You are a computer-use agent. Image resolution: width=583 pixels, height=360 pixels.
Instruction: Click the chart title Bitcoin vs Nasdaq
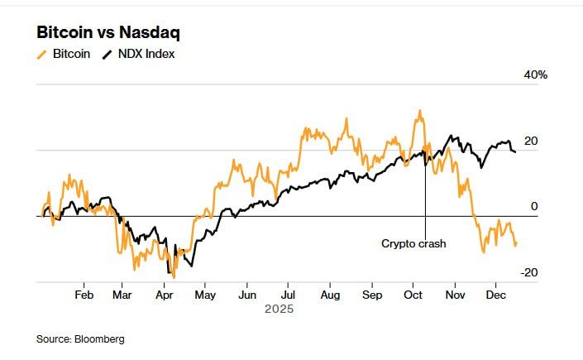point(108,33)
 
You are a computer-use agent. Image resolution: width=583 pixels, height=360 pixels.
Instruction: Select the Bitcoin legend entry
point(71,55)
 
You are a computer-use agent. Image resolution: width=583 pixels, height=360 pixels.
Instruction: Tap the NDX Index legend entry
point(146,55)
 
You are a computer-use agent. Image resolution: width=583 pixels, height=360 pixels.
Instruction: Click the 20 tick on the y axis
point(531,142)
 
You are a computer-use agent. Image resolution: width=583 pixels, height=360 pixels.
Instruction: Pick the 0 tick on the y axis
point(534,207)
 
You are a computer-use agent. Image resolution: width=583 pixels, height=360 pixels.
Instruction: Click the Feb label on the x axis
point(84,295)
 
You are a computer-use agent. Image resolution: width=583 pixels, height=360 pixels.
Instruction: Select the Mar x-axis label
point(122,295)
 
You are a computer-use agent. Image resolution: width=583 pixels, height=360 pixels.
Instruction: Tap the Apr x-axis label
point(164,295)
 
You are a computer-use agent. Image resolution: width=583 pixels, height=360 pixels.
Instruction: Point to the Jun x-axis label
point(246,295)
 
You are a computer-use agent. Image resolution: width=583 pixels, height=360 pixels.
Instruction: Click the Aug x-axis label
point(329,295)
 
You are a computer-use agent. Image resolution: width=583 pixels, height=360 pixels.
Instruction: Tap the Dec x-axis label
point(495,295)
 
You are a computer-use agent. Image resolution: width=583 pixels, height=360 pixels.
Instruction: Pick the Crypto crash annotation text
point(413,243)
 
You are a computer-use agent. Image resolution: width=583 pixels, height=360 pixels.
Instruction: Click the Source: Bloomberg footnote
point(79,338)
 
